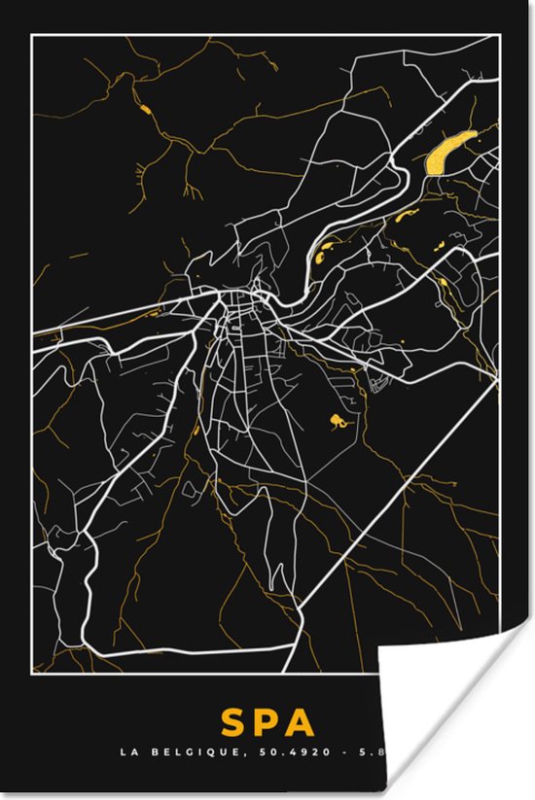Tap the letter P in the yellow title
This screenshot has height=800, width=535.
267,723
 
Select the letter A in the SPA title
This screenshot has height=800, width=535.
303,723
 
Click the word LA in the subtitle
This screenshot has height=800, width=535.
126,751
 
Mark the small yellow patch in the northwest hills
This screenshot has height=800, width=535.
145,108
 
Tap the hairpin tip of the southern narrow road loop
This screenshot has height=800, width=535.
262,565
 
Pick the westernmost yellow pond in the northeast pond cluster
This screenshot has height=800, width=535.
322,259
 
